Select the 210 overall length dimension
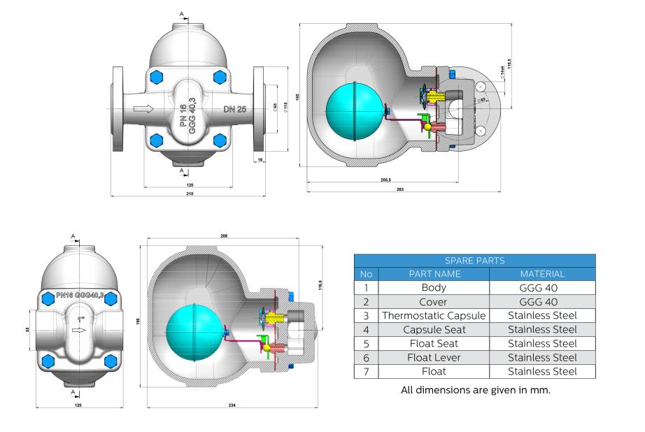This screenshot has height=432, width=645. click(189, 193)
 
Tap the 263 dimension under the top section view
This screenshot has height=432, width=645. click(400, 189)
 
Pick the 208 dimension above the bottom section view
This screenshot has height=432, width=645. click(224, 237)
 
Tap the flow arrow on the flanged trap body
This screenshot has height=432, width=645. click(143, 108)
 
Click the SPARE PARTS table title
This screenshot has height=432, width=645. click(475, 260)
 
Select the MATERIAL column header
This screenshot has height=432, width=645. click(542, 273)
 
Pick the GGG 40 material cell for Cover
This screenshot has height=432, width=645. click(542, 301)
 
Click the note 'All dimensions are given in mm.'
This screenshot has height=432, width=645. click(476, 389)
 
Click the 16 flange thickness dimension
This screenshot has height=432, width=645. click(260, 160)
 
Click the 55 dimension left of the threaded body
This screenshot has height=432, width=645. click(28, 328)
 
